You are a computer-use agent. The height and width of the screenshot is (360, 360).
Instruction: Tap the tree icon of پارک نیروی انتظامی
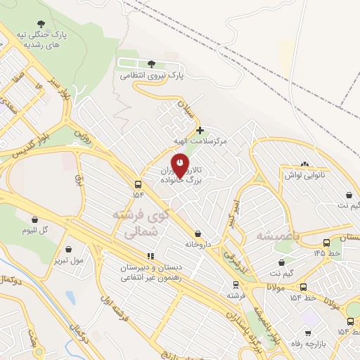pos(151,65)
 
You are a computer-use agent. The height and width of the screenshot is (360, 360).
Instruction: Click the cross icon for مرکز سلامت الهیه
pos(200,130)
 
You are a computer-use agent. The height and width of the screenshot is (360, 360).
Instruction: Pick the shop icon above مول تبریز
pos(69,249)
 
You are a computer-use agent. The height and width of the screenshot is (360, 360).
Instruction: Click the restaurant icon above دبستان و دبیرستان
pos(149,257)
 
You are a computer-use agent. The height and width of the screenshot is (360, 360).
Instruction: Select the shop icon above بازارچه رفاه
pos(308,334)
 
